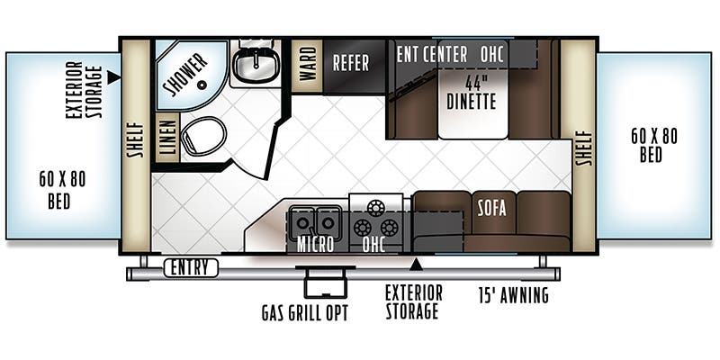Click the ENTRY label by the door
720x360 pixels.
(191, 267)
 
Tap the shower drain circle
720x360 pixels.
(201, 85)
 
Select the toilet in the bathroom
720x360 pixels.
(203, 136)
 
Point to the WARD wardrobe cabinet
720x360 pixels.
(307, 64)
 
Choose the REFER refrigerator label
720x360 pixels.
(351, 63)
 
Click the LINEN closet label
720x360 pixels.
(168, 137)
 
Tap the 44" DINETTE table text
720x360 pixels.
(472, 93)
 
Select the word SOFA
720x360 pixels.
(491, 208)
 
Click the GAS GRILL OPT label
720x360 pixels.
(304, 313)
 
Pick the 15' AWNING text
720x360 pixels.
(513, 295)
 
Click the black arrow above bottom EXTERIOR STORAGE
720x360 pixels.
(417, 264)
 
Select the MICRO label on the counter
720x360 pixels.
(315, 245)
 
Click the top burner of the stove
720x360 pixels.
(375, 208)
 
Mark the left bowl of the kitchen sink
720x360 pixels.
(302, 222)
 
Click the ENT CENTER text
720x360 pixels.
(432, 55)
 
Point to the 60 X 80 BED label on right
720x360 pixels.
(653, 145)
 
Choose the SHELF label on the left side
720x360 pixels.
(136, 140)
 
